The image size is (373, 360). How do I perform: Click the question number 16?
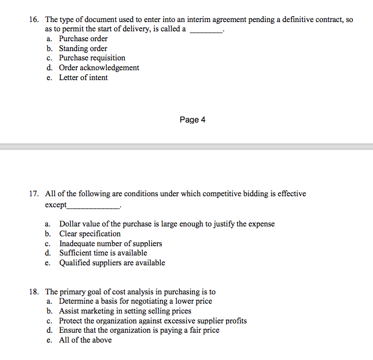(x=34, y=20)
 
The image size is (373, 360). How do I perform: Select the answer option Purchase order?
(x=83, y=39)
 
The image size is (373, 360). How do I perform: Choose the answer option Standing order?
(x=83, y=49)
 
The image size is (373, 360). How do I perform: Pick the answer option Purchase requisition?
(x=92, y=58)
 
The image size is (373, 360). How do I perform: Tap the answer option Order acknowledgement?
(x=99, y=68)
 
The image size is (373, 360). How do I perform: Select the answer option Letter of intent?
(x=83, y=78)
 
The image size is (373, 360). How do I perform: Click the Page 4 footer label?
(x=193, y=120)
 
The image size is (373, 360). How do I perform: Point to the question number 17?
(x=34, y=194)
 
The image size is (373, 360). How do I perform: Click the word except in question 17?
(x=56, y=205)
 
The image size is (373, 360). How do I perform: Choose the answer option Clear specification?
(x=90, y=234)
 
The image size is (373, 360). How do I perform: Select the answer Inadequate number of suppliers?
(x=110, y=244)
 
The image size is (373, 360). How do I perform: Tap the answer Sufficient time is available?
(x=103, y=253)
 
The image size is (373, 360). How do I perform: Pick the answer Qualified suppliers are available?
(x=112, y=263)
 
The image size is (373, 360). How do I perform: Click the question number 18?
(x=34, y=292)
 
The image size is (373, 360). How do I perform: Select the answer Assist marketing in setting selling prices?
(x=125, y=311)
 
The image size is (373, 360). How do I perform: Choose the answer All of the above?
(x=85, y=340)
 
